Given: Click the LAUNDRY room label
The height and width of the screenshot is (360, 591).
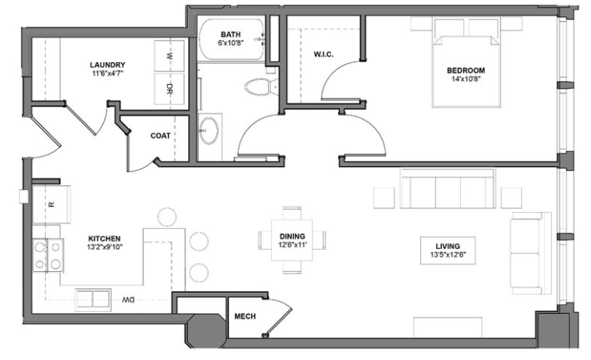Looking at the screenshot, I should click(x=107, y=65).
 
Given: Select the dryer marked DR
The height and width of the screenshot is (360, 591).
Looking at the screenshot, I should click(x=169, y=89).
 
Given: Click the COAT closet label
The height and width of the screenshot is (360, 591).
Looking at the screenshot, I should click(x=160, y=136).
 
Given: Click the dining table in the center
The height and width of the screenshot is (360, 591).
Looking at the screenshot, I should click(x=292, y=240).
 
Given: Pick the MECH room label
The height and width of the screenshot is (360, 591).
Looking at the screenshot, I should click(x=244, y=316).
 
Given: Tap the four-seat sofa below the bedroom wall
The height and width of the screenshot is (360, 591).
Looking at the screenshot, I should click(x=446, y=189).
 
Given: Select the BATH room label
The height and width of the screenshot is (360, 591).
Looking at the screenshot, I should click(x=231, y=34).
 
